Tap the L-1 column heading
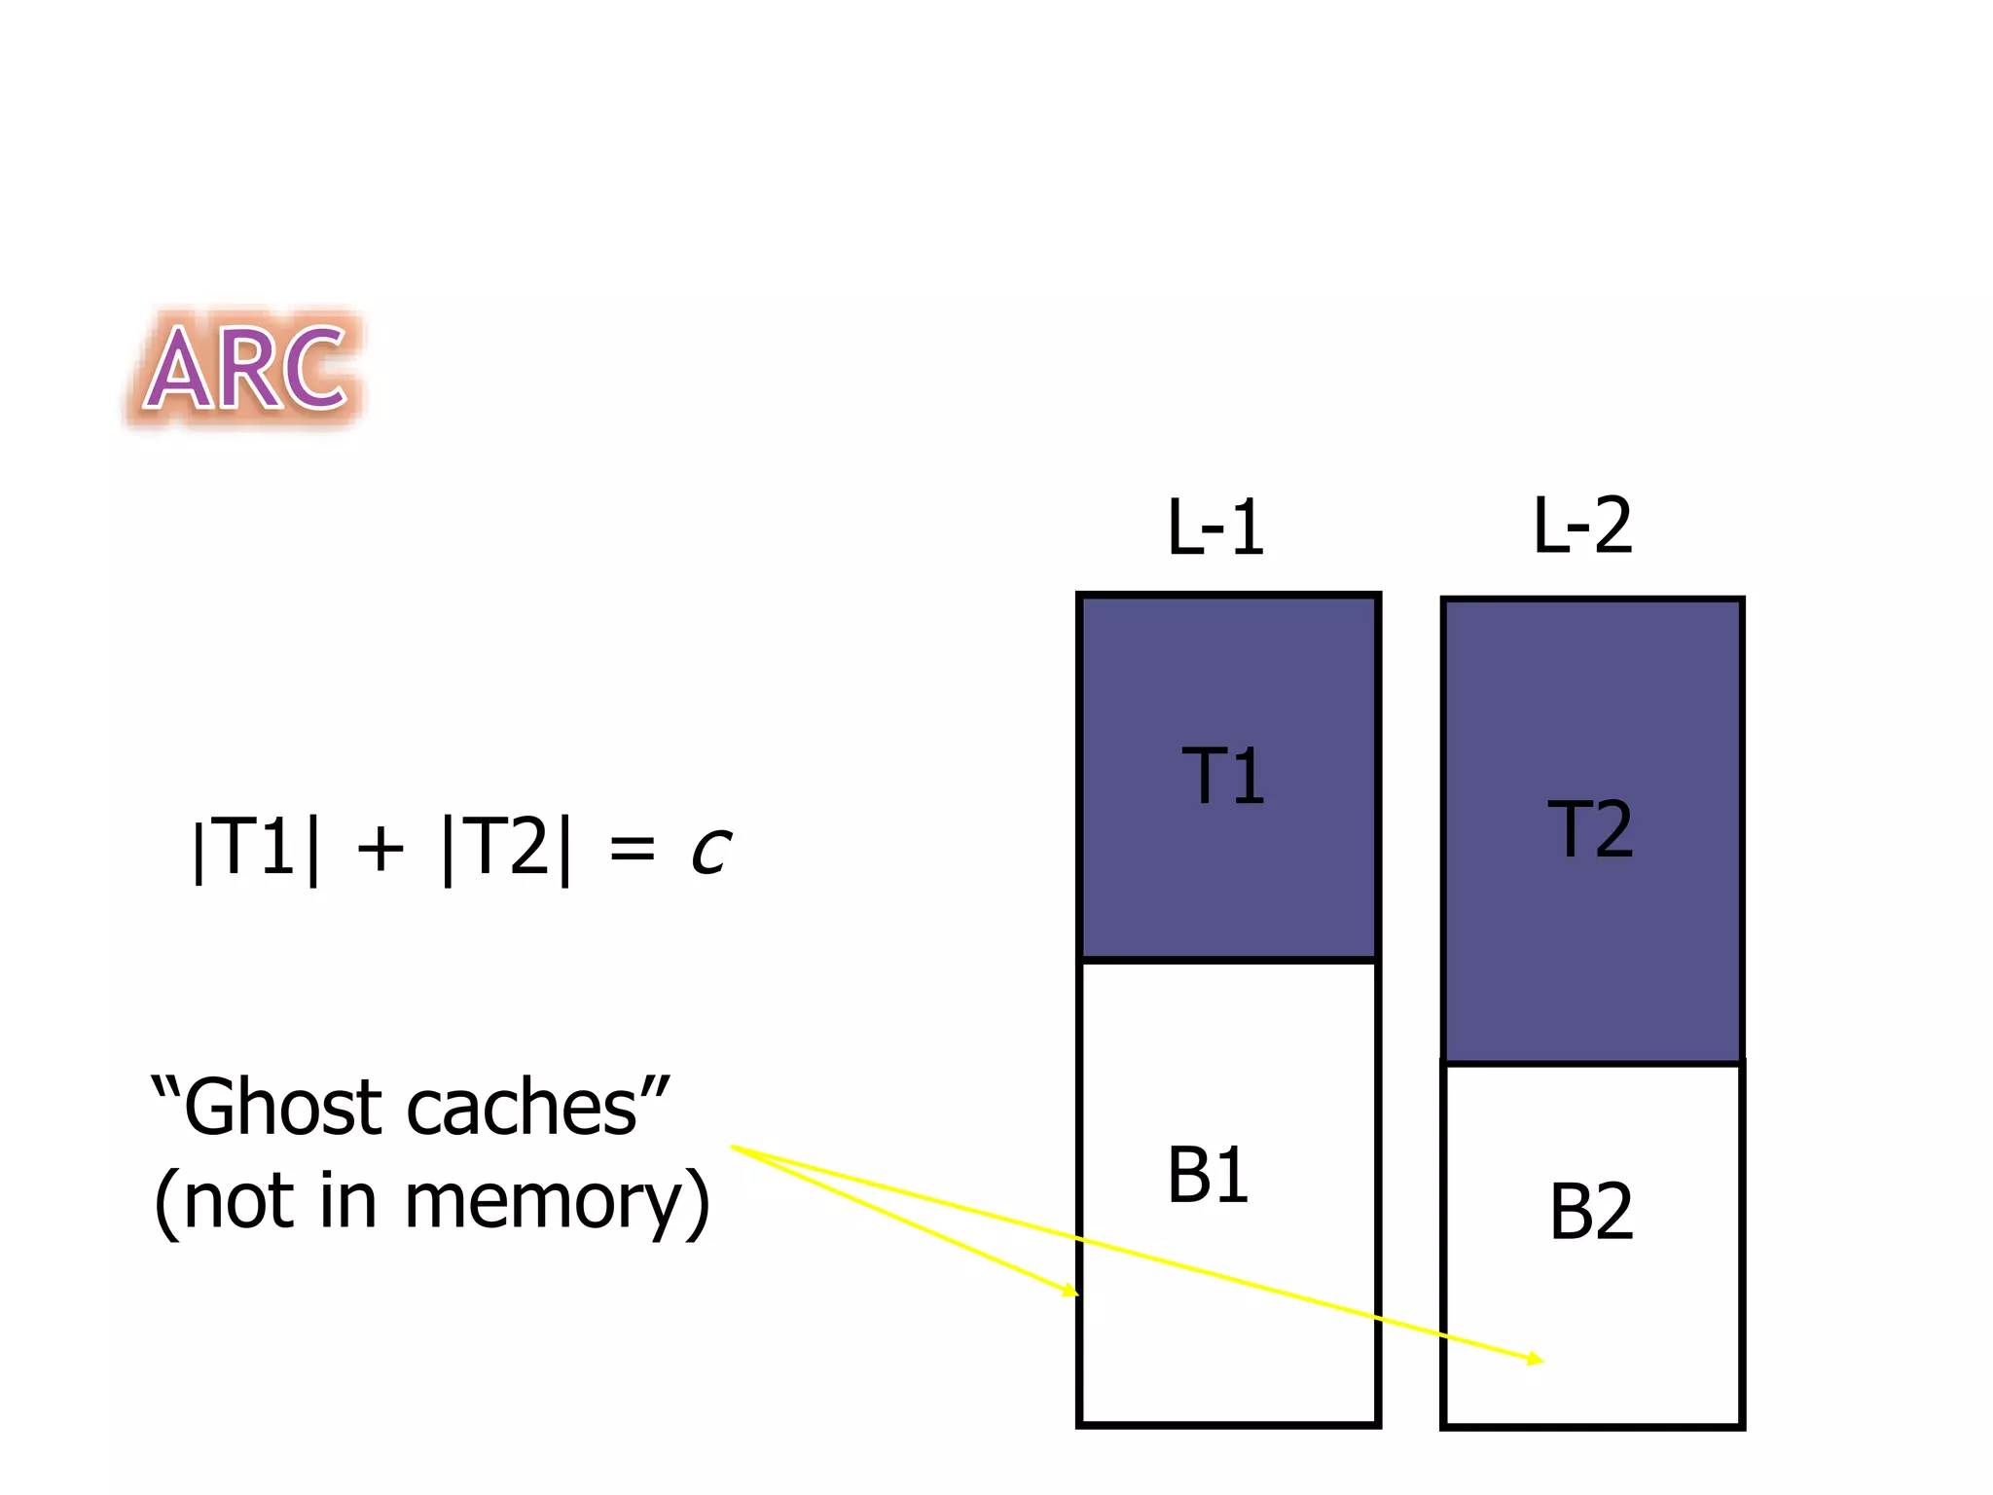tap(1215, 528)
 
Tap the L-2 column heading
tap(1582, 526)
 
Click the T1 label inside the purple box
tap(1223, 777)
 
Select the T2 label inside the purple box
tap(1590, 829)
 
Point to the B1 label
tap(1208, 1176)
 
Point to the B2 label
tap(1591, 1213)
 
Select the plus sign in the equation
tap(380, 849)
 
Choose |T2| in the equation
tap(506, 849)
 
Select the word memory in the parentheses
tap(543, 1203)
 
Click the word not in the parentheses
tap(239, 1203)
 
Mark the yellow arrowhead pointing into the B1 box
tap(1071, 1292)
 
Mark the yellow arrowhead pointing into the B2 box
tap(1536, 1360)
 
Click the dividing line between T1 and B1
tap(1228, 960)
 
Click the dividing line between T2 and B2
tap(1592, 1063)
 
